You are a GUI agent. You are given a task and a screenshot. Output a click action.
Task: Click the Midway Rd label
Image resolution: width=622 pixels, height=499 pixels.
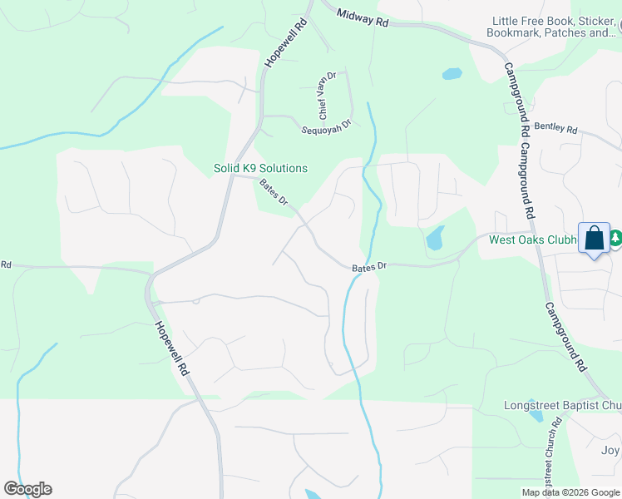(363, 18)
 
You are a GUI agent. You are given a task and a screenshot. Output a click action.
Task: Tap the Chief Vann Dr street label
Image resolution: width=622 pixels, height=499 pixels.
(324, 94)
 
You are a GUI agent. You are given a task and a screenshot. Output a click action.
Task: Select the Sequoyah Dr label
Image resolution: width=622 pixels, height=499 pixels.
(327, 126)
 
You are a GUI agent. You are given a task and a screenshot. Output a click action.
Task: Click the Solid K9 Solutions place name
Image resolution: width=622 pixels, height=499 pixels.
(260, 168)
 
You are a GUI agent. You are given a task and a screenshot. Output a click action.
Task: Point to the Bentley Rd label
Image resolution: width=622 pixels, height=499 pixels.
(555, 129)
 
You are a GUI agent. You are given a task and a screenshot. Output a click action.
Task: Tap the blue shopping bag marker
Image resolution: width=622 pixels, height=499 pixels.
(595, 238)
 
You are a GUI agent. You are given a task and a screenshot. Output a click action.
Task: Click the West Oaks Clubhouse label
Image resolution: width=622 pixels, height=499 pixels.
(532, 240)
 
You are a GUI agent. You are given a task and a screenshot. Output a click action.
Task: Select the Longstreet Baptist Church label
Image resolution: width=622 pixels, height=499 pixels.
(563, 406)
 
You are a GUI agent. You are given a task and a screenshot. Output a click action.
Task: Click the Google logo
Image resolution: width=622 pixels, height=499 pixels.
(27, 489)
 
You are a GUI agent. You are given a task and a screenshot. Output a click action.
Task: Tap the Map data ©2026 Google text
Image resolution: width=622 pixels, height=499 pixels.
(571, 492)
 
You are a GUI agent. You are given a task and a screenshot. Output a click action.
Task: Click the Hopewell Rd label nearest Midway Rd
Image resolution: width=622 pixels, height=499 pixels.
(287, 43)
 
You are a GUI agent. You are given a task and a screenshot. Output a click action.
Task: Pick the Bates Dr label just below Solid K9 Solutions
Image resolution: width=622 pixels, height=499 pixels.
(274, 193)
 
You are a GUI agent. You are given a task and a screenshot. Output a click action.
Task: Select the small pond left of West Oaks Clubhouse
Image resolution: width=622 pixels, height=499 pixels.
(435, 240)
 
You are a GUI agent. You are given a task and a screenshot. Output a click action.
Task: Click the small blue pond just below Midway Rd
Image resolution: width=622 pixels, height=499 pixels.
(452, 73)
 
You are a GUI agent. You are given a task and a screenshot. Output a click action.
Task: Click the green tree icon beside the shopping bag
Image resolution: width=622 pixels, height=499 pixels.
(615, 238)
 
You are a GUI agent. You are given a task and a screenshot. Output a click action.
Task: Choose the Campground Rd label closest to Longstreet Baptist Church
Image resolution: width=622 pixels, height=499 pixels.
(566, 336)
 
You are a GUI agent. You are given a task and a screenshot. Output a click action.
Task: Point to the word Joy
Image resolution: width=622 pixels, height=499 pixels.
(610, 451)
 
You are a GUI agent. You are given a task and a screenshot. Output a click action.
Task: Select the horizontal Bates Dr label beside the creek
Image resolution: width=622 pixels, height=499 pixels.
(369, 266)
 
